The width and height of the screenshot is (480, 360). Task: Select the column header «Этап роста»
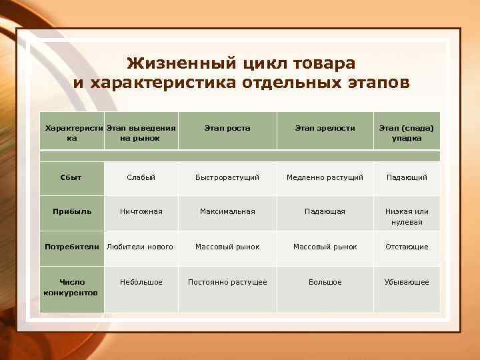pos(227,128)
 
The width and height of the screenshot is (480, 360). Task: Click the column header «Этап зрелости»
pos(325,128)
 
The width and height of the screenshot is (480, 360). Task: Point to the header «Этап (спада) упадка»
pos(406,133)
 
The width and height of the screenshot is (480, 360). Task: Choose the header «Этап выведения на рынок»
pos(141,133)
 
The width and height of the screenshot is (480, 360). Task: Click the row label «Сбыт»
pos(71,177)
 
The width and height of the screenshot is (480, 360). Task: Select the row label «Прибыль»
pos(71,211)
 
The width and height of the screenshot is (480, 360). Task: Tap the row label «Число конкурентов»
pos(71,287)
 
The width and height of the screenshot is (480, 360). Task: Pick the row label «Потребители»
pos(71,247)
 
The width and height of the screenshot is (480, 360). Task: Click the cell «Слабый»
pos(141,177)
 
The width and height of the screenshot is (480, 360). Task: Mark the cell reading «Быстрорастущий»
pos(227,177)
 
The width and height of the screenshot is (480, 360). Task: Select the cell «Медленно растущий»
pos(325,177)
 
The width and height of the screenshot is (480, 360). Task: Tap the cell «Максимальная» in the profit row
pos(227,211)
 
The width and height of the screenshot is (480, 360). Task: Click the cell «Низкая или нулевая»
pos(406,217)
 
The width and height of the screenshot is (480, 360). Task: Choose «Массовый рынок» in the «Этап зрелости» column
pos(325,247)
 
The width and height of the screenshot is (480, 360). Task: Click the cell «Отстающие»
pos(406,247)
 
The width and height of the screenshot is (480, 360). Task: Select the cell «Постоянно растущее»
pos(227,282)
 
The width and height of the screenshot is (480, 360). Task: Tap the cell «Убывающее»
pos(406,282)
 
